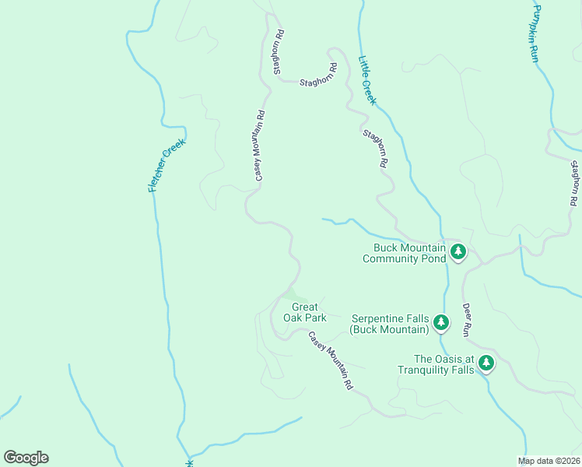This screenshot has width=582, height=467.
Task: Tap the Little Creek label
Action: [x=367, y=80]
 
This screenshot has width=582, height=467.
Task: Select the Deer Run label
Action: [x=467, y=319]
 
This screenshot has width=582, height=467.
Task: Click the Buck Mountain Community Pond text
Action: [x=404, y=253]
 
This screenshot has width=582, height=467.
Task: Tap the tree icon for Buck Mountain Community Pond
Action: [x=458, y=251]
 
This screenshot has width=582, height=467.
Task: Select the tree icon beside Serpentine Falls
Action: [x=441, y=321]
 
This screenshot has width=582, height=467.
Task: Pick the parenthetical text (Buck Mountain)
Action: [x=390, y=329]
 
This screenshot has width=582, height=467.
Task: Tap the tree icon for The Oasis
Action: [x=486, y=362]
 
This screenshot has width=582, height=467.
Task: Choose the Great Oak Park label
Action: [x=303, y=312]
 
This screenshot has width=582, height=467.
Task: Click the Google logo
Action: [x=26, y=458]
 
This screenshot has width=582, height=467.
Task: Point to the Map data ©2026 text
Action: [x=549, y=461]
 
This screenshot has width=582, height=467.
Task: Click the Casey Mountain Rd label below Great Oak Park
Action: [x=331, y=361]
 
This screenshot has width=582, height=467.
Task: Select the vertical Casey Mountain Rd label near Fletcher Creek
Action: [x=261, y=145]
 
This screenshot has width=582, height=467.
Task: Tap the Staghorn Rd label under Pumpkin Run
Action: [x=574, y=183]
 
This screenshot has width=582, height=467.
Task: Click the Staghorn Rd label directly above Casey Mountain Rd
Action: [x=276, y=53]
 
